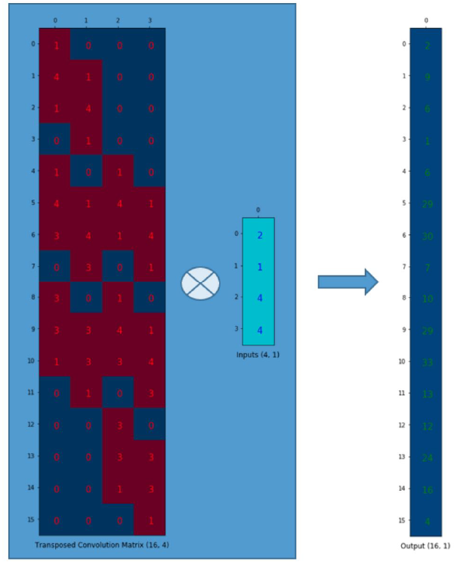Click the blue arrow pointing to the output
point(347,281)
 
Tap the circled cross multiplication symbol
point(200,283)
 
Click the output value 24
point(427,457)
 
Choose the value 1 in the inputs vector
point(259,266)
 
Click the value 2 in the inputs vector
point(259,234)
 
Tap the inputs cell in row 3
point(259,329)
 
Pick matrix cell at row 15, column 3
point(149,520)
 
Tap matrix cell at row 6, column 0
point(55,234)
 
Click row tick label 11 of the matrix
point(31,393)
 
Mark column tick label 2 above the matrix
point(118,20)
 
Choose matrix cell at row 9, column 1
point(86,330)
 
